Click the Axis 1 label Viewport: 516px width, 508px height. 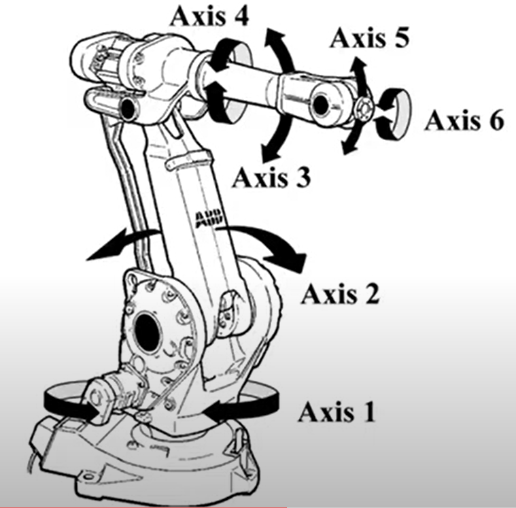(337, 412)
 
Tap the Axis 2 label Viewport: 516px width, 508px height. (341, 294)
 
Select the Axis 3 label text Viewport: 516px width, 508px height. (271, 177)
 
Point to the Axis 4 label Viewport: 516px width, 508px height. (209, 16)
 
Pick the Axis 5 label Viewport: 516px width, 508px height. (370, 38)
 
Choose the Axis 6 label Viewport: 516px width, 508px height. (464, 120)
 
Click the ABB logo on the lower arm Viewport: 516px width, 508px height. (209, 218)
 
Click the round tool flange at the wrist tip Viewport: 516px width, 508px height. (364, 109)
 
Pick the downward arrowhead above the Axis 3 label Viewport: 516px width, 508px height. (269, 152)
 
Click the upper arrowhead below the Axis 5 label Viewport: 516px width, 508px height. (358, 67)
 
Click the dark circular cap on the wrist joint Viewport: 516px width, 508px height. (320, 104)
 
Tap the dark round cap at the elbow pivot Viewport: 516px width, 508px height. (129, 107)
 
